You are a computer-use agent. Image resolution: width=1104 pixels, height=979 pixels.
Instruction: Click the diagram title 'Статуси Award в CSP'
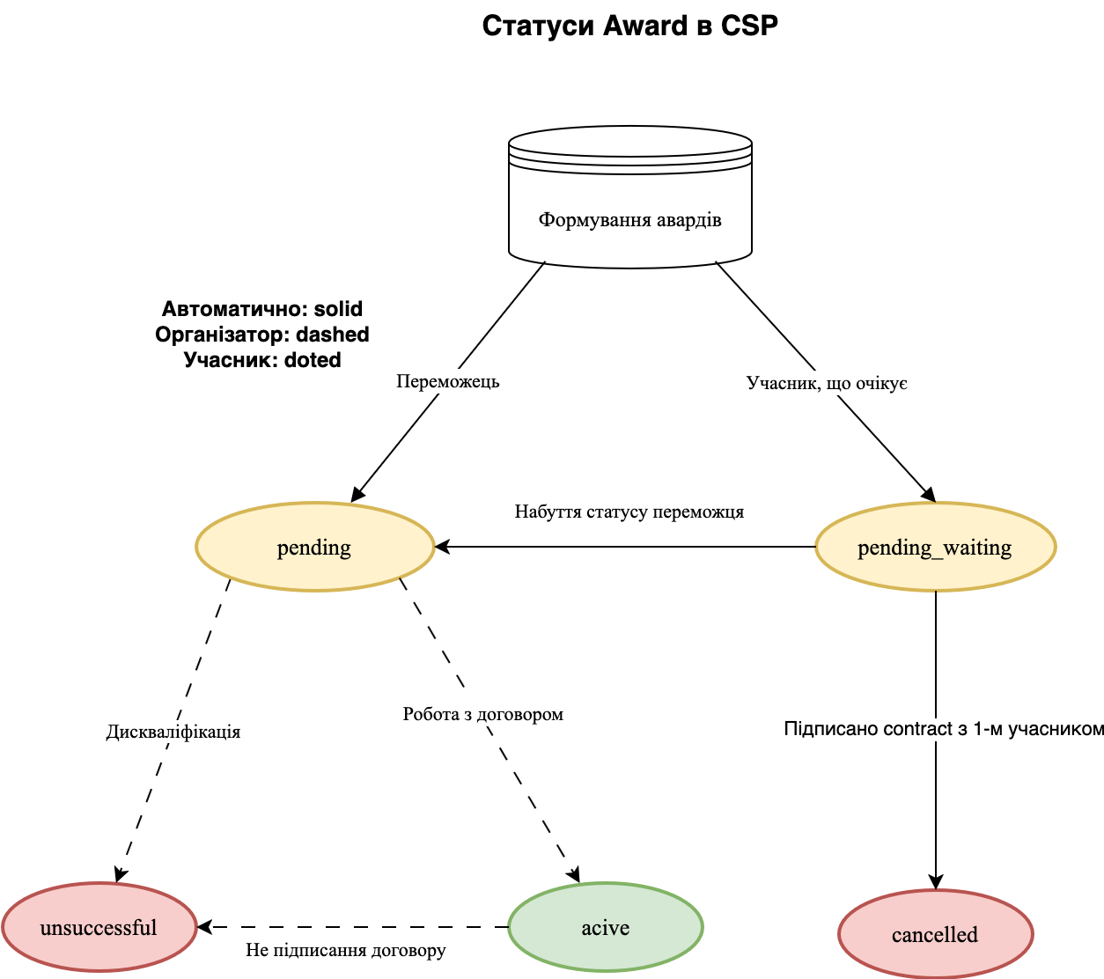630,26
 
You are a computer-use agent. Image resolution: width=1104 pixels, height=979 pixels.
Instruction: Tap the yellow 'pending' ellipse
314,547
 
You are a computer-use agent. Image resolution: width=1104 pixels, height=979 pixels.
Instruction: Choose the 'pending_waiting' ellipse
935,547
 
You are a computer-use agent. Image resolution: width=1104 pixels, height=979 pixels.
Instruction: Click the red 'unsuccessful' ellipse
99,927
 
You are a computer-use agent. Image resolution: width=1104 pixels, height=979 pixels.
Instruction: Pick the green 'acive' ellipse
606,927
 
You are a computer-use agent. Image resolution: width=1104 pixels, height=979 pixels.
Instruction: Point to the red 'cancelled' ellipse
935,934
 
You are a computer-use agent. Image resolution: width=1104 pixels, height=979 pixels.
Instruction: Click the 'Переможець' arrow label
448,381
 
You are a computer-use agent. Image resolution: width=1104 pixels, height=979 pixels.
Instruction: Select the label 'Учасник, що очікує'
827,383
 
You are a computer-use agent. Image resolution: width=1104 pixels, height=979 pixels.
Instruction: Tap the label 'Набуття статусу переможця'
629,512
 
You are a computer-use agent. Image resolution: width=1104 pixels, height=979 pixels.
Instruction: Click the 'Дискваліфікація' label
173,732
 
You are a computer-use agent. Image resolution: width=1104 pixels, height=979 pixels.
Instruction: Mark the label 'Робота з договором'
483,714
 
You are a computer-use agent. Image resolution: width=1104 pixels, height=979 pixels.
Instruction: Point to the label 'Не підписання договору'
346,950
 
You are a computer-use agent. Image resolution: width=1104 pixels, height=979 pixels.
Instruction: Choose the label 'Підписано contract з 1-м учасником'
944,729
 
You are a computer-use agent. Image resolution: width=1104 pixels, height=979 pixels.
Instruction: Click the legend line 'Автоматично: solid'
262,309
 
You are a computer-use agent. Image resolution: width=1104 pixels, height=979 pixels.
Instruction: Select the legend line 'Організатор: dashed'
262,335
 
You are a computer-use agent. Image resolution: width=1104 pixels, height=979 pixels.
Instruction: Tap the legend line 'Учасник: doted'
262,360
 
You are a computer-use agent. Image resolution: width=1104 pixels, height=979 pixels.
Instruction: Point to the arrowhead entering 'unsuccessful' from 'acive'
204,927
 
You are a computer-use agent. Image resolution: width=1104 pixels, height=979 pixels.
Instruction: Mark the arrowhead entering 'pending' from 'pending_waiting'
442,547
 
